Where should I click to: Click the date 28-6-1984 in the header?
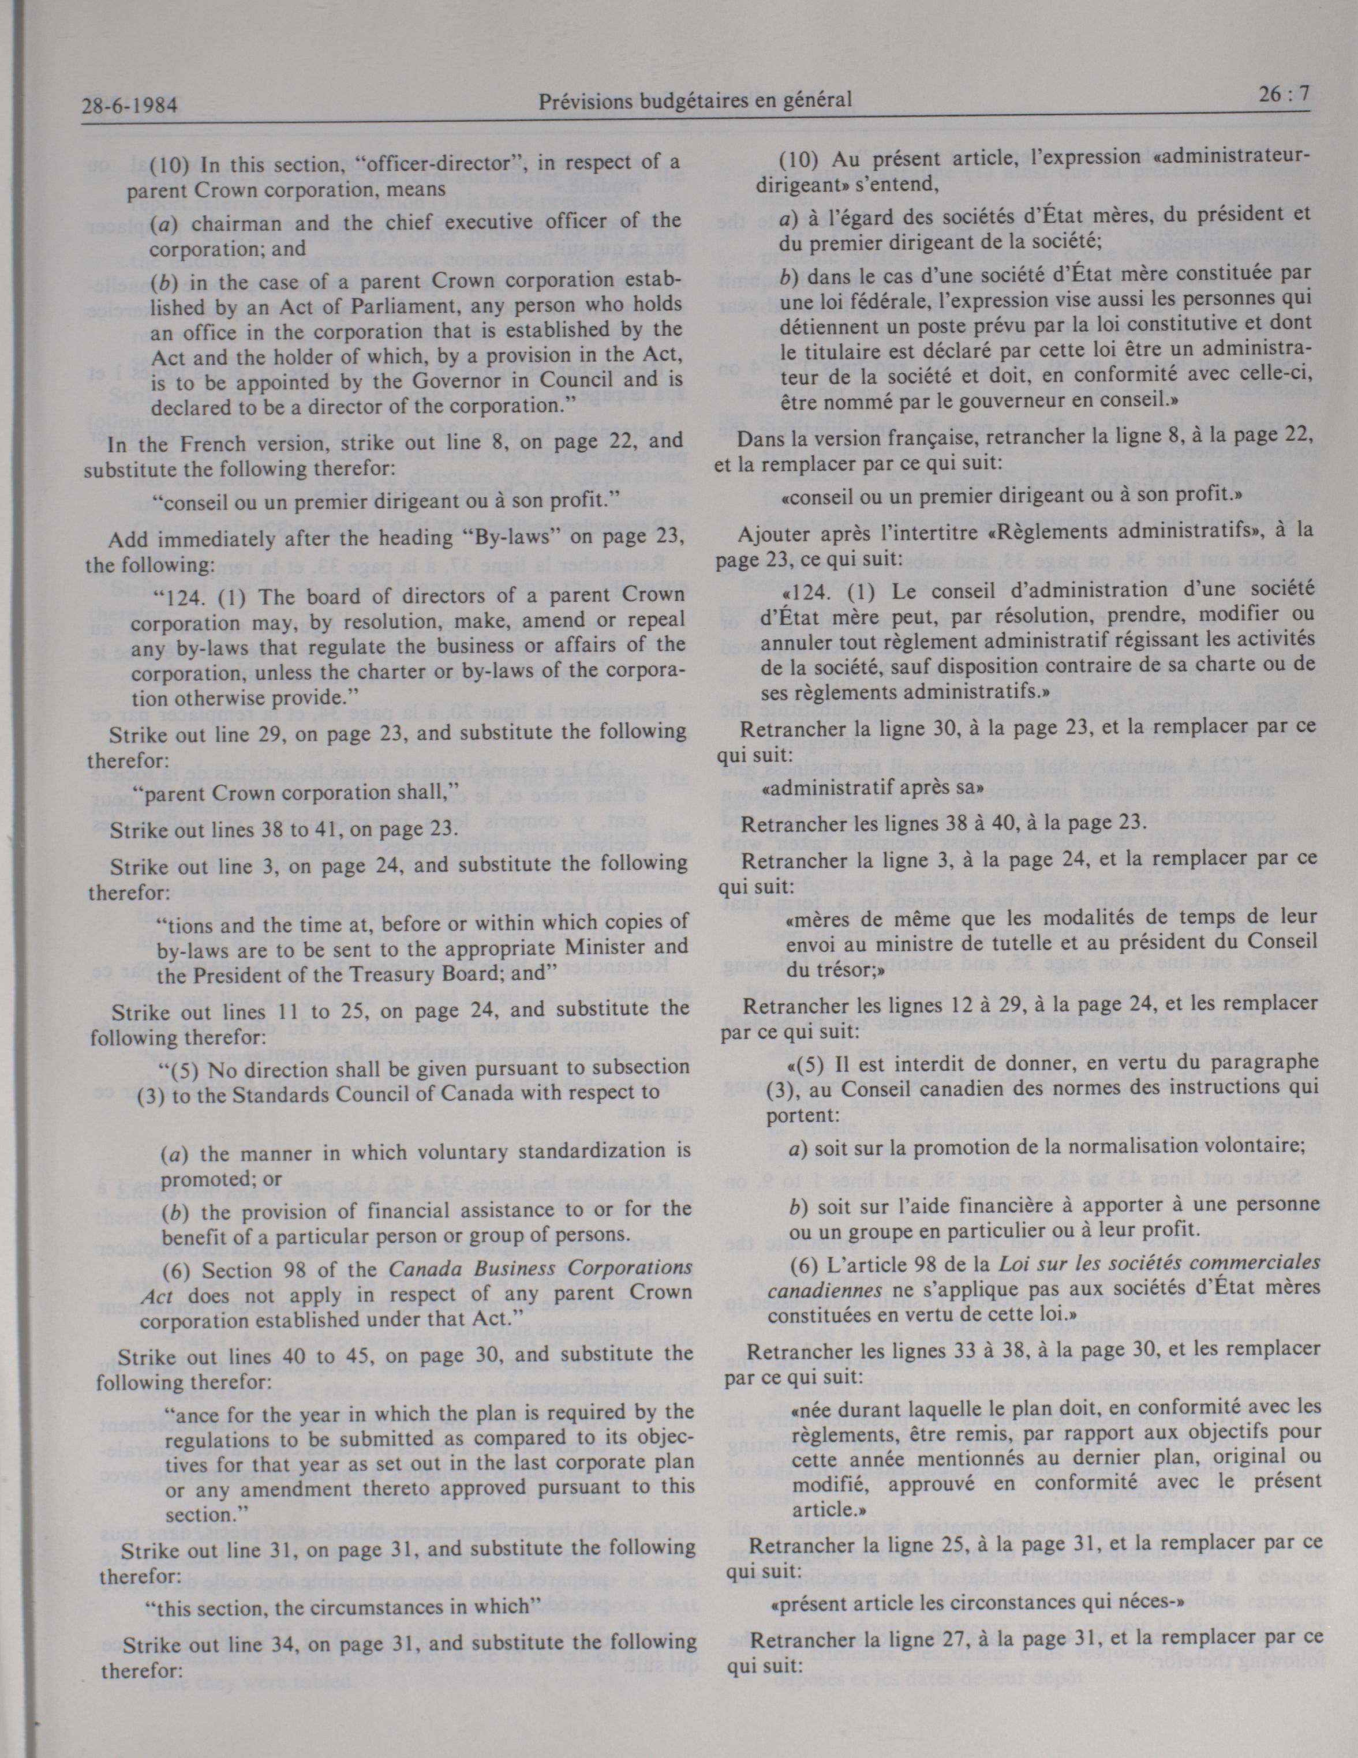click(x=129, y=106)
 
